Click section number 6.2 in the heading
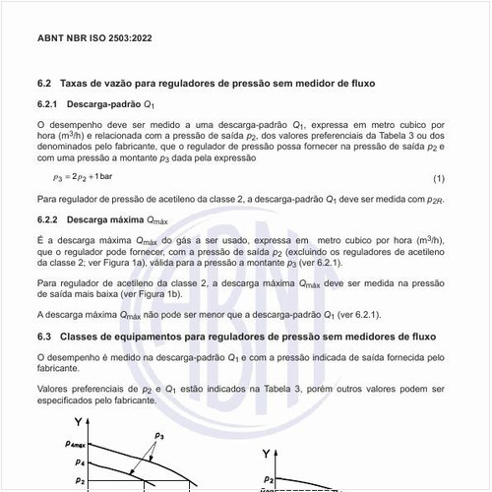point(43,86)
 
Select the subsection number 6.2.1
point(48,104)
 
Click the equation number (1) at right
point(439,178)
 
